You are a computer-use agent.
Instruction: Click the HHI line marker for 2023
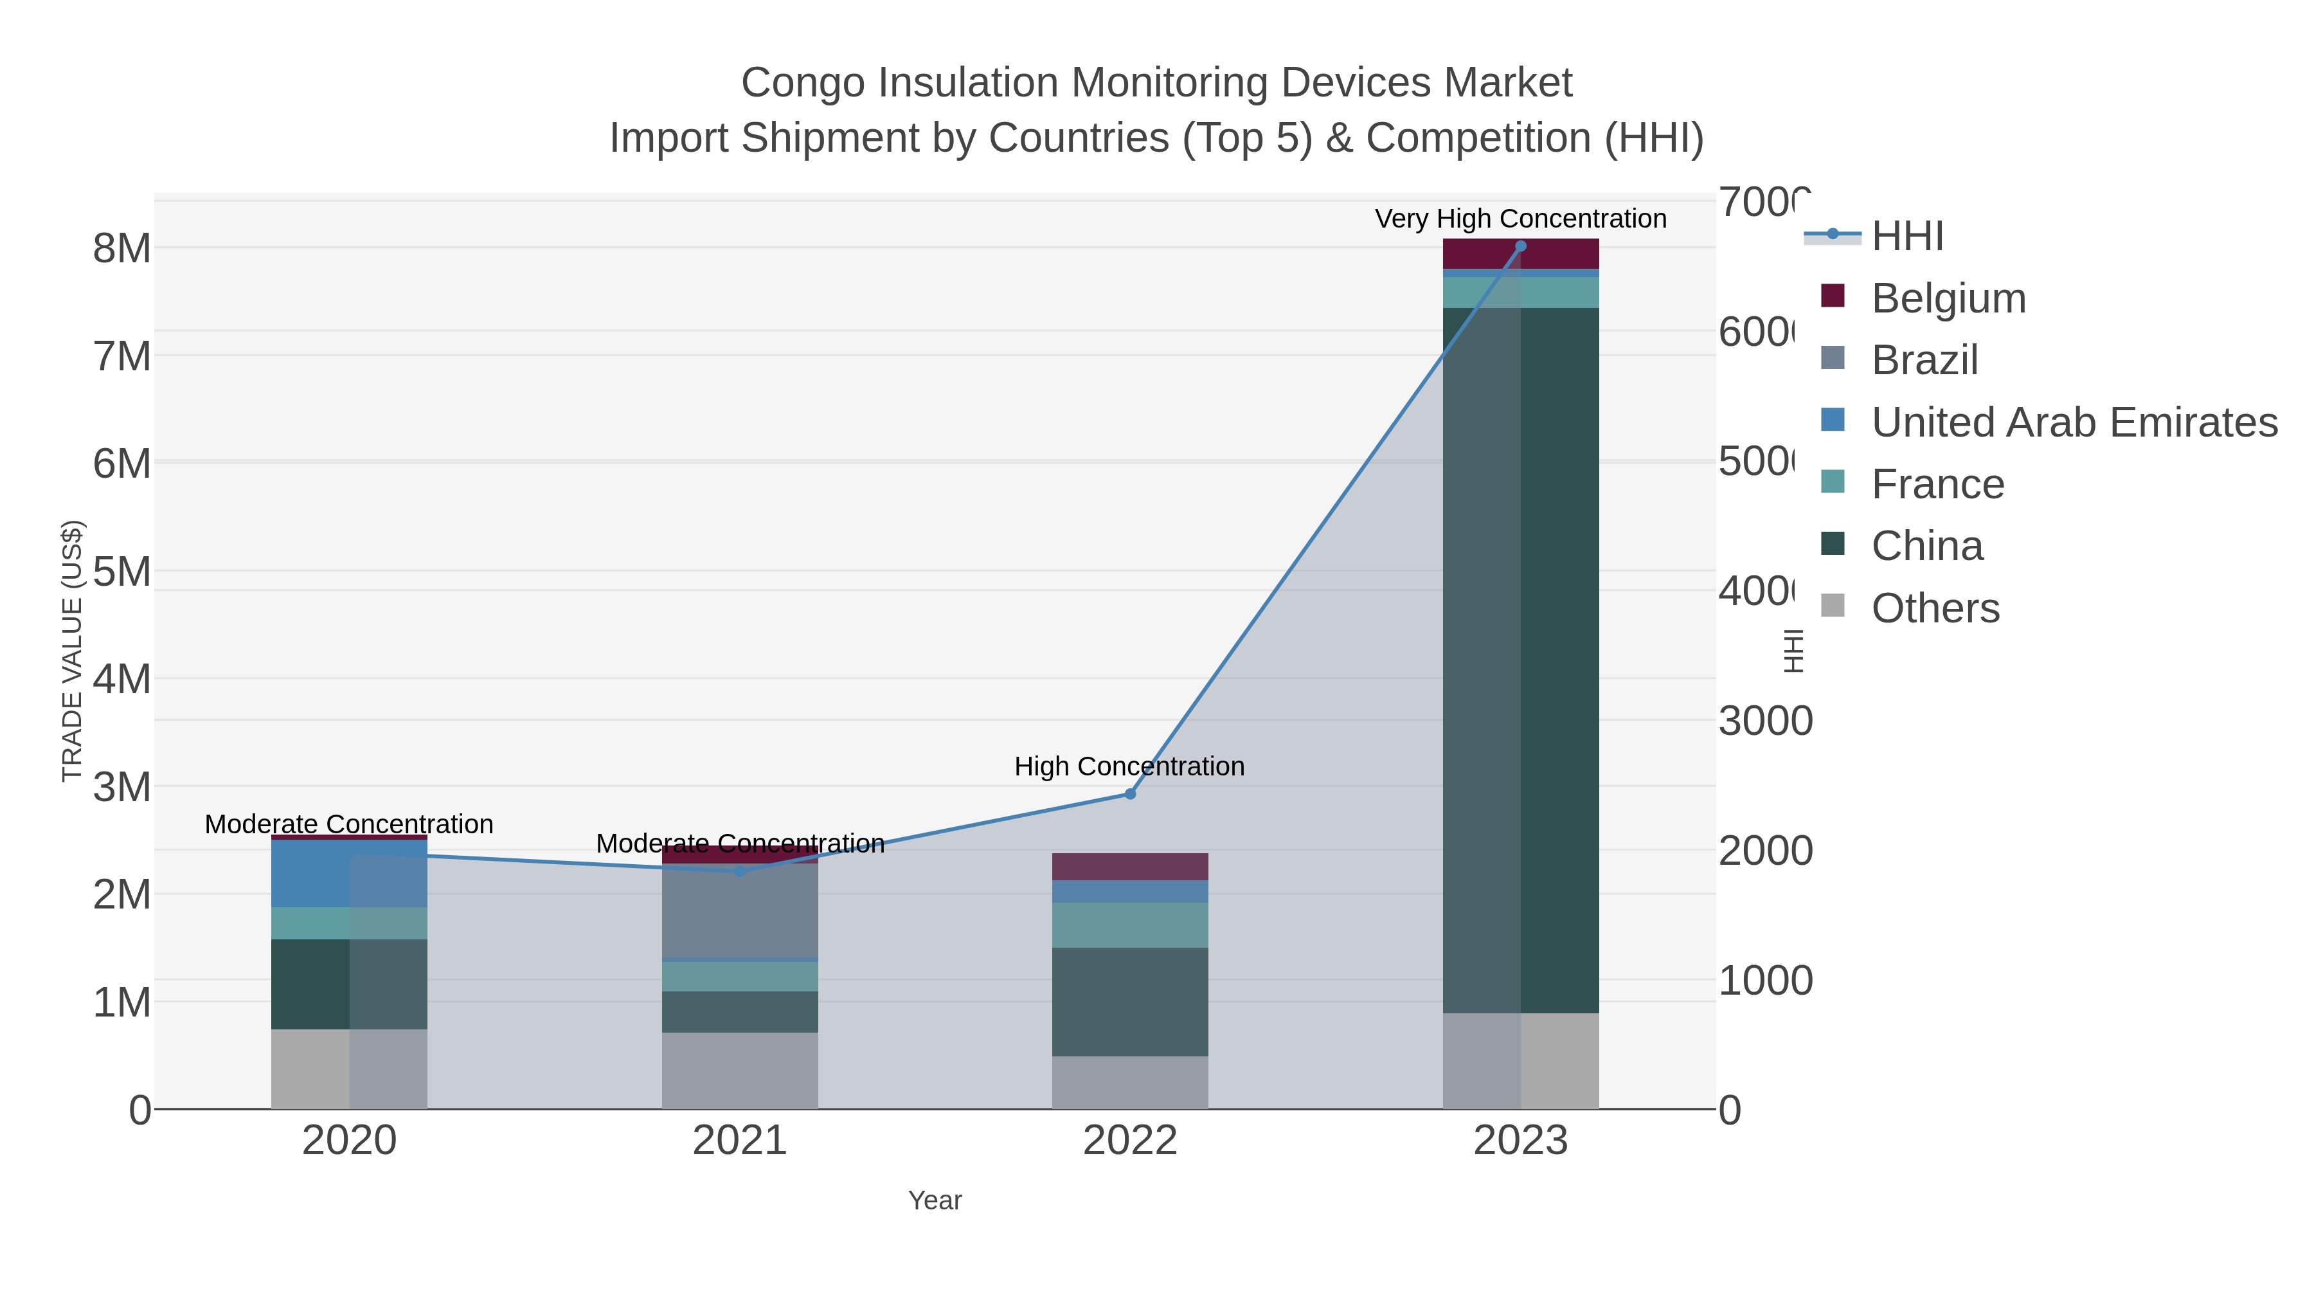[x=1520, y=246]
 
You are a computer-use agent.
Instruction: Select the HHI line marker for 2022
[x=1130, y=793]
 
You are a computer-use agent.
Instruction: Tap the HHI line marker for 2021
[x=739, y=871]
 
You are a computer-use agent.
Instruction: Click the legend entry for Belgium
[x=1948, y=298]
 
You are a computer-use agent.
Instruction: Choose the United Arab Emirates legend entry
[x=2073, y=422]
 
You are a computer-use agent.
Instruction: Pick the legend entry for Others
[x=1935, y=608]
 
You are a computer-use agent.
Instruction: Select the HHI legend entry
[x=1907, y=237]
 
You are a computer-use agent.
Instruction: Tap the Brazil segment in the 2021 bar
[x=739, y=910]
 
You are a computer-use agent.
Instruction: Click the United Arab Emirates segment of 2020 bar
[x=348, y=873]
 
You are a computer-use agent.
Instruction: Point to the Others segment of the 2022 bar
[x=1130, y=1082]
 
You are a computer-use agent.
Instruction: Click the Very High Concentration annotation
[x=1520, y=219]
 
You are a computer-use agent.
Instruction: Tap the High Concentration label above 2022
[x=1129, y=766]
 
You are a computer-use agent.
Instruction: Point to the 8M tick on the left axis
[x=121, y=249]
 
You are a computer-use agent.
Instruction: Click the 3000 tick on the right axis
[x=1764, y=721]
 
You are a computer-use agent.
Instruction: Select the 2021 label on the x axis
[x=739, y=1141]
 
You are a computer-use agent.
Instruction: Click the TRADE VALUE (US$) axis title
[x=72, y=651]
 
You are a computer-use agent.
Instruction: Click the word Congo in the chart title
[x=804, y=83]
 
